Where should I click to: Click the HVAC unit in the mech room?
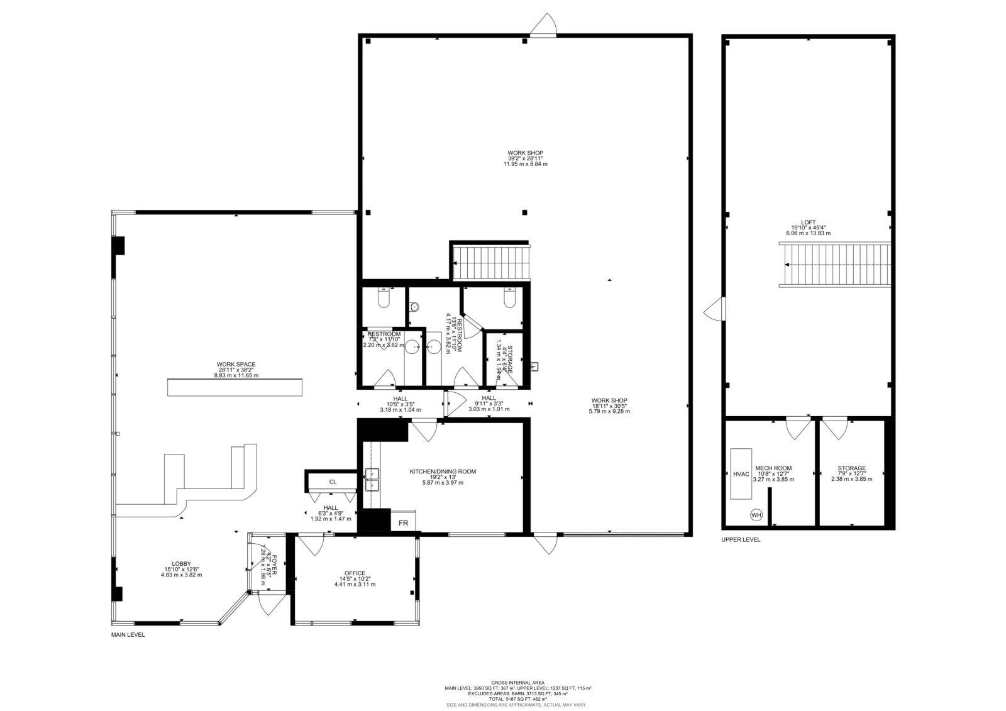(741, 474)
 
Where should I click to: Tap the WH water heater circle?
(756, 515)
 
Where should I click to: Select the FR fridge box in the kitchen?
(403, 523)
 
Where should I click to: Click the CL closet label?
(333, 482)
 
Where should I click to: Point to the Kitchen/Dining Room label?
(443, 471)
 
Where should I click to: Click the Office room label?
(355, 573)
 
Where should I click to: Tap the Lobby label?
(181, 564)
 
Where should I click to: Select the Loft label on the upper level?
(808, 223)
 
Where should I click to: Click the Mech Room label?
(773, 468)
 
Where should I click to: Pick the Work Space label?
(236, 364)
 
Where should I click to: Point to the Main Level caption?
(128, 635)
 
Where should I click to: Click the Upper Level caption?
(741, 539)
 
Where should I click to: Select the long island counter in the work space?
(235, 387)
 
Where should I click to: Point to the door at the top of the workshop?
(543, 26)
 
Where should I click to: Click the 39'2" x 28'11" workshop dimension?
(525, 158)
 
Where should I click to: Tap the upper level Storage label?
(851, 468)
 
